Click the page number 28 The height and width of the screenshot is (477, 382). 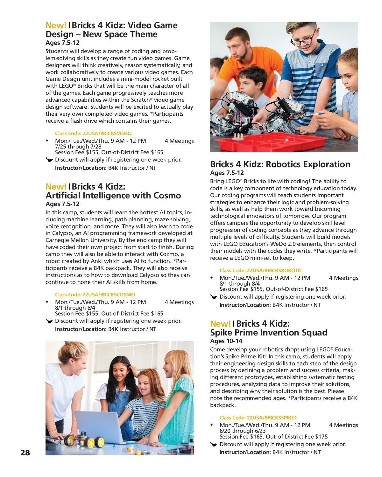25,453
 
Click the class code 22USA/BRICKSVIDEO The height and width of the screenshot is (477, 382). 93,134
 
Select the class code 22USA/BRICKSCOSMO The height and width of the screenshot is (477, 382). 95,295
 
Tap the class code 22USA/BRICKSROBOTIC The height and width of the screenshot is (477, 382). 261,271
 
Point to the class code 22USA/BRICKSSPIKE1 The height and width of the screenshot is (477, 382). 258,418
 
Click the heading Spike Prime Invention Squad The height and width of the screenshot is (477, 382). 268,333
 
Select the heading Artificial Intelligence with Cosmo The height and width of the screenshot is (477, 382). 113,196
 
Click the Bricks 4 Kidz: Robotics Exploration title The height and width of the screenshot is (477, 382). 280,164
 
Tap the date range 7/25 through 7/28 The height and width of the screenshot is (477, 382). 78,147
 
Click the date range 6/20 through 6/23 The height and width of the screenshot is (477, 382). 242,431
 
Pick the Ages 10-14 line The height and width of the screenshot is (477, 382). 226,341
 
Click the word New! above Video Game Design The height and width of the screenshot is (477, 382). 56,25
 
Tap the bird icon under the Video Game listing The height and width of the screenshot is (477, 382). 49,160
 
